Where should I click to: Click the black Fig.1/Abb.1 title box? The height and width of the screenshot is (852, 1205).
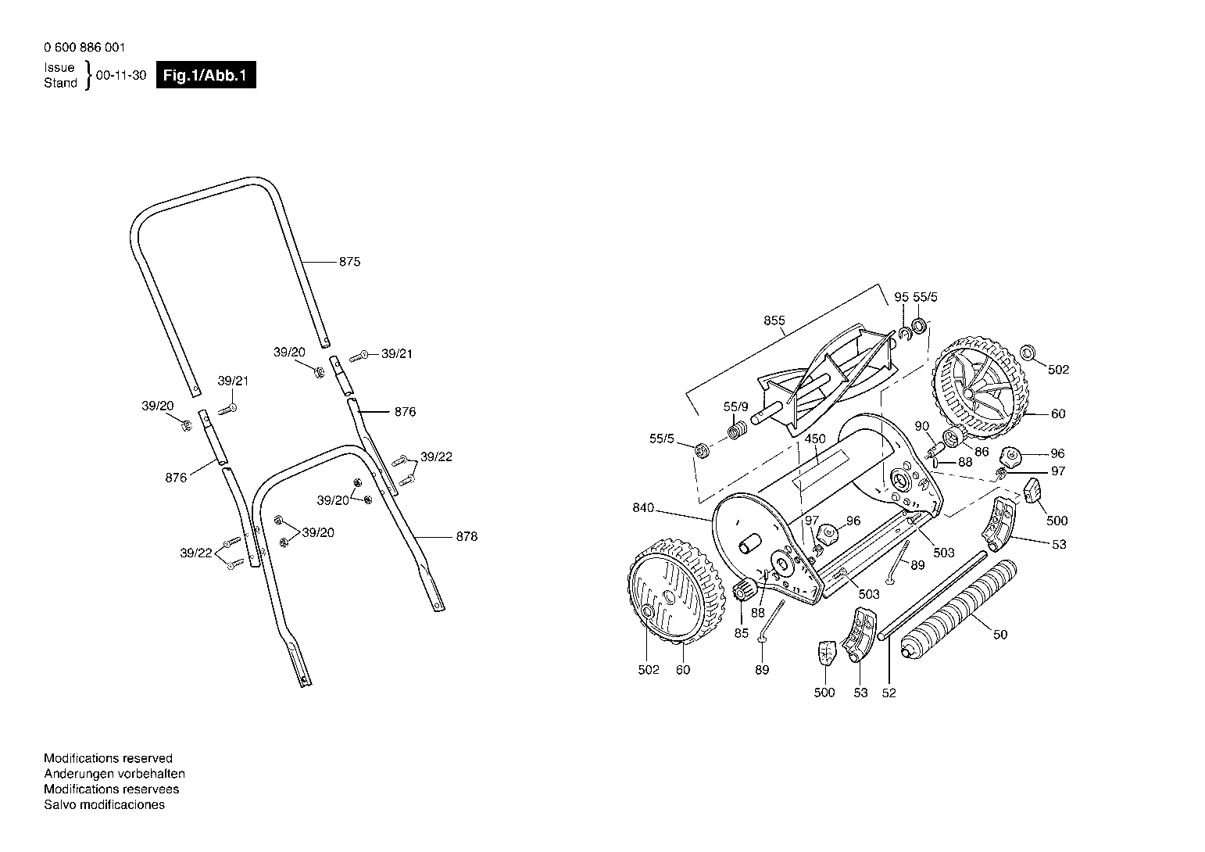[206, 75]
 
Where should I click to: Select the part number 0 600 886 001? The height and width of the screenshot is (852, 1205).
[84, 48]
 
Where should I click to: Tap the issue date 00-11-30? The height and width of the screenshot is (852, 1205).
[121, 75]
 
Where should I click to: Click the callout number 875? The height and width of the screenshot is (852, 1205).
[349, 262]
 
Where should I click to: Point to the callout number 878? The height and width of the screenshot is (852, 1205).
[467, 537]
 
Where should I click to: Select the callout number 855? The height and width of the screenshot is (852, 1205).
[774, 320]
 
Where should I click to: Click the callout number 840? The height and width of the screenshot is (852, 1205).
[643, 507]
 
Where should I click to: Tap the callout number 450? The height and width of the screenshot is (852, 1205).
[815, 439]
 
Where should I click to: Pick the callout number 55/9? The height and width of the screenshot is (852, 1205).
[736, 407]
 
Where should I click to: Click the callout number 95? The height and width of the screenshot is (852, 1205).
[902, 297]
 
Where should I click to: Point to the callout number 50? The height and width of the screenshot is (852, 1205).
[1000, 635]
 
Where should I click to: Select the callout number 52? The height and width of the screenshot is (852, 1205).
[889, 693]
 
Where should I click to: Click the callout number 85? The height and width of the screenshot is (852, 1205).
[742, 633]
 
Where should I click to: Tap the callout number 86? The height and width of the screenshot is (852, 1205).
[982, 452]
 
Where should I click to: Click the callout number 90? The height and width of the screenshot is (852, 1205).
[922, 426]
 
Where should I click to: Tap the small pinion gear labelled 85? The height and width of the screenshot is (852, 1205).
[743, 590]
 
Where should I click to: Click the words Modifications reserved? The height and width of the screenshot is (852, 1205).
[108, 758]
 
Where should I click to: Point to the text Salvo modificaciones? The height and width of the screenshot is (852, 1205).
[105, 804]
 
